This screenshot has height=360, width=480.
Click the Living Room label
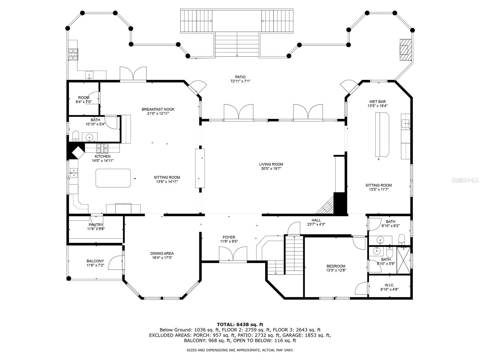tap(271, 164)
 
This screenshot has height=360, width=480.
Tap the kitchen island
tap(113, 178)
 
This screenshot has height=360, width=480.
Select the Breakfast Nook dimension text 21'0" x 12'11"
tap(158, 113)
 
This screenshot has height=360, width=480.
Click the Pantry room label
tap(96, 225)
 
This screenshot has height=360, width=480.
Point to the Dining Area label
tap(162, 253)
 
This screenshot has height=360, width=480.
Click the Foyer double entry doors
tap(233, 254)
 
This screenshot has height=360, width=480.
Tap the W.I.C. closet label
tap(389, 285)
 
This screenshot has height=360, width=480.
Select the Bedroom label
tap(336, 266)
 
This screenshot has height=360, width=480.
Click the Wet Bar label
tap(377, 102)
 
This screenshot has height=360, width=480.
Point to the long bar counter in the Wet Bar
tap(382, 135)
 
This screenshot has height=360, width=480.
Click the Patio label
tap(240, 77)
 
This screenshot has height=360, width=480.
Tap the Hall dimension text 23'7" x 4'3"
tap(316, 224)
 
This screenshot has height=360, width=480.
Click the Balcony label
tap(95, 261)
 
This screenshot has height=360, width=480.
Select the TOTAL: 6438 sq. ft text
tap(240, 324)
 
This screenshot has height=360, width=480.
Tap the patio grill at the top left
tap(73, 54)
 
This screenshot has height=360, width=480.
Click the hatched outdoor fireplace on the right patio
tap(405, 50)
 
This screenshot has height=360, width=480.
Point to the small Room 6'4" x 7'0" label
tap(83, 97)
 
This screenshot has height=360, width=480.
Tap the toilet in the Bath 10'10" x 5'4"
tap(76, 136)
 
